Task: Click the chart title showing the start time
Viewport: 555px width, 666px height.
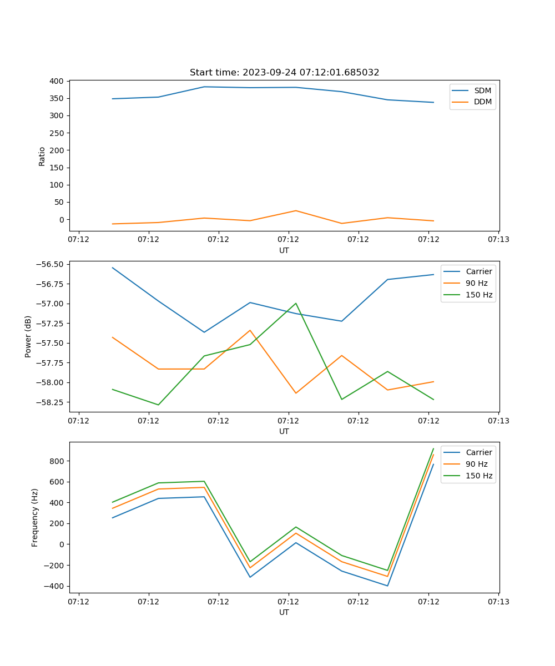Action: point(284,73)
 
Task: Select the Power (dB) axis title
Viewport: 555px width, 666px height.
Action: point(28,336)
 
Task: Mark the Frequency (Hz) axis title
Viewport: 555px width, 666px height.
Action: point(35,517)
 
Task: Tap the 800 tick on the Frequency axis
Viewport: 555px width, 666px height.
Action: point(58,461)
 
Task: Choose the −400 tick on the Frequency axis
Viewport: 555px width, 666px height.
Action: point(55,586)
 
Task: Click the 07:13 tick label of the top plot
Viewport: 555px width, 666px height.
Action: point(498,240)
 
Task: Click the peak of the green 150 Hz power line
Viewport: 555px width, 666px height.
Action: point(296,303)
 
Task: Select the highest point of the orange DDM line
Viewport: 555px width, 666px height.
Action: point(296,211)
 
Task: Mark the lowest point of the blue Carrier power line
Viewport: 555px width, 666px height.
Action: point(204,332)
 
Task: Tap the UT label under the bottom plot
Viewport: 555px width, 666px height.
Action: point(284,612)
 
